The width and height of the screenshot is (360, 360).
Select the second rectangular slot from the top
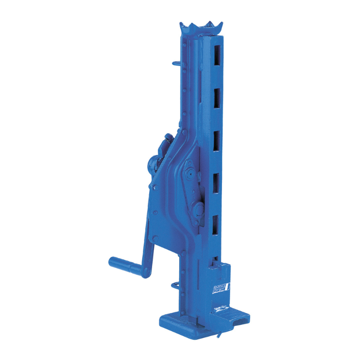coord(217,97)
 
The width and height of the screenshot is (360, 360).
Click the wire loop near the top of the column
coord(177,63)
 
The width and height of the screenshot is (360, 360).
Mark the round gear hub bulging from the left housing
coord(153,165)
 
